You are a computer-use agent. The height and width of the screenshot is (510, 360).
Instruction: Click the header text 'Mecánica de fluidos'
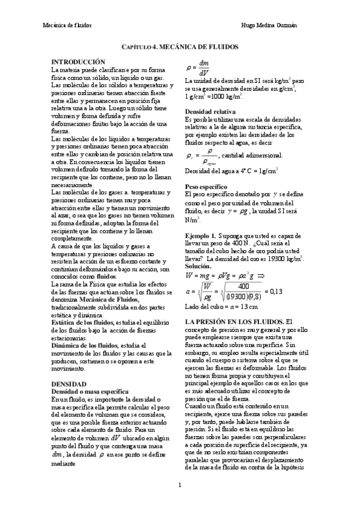tap(66, 25)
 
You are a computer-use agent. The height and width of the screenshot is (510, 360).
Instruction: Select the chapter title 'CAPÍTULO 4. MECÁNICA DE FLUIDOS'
tap(180, 46)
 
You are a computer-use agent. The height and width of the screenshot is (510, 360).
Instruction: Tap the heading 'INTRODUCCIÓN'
tap(79, 62)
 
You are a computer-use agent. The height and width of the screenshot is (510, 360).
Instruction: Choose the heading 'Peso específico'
tap(206, 187)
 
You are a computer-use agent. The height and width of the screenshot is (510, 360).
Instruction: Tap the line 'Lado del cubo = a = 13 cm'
tap(217, 308)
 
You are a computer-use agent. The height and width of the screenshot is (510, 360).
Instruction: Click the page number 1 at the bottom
tap(180, 485)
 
